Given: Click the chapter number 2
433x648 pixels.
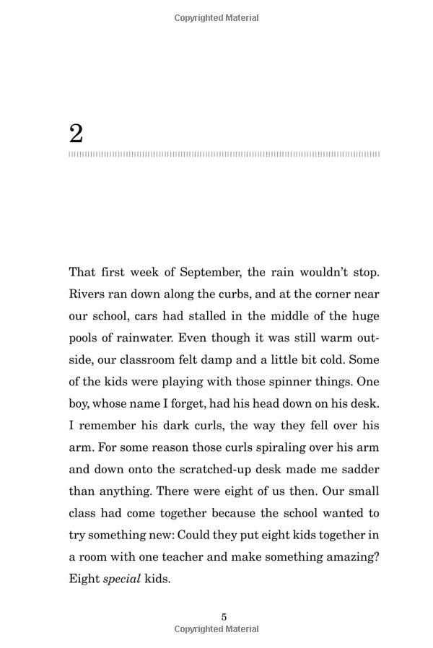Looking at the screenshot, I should (76, 133).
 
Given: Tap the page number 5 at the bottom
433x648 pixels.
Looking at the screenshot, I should (224, 616).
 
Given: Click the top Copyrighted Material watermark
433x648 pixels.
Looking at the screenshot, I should (216, 18).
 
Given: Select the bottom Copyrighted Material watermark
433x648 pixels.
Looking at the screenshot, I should (216, 629).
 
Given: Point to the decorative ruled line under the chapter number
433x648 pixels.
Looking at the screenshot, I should (224, 154).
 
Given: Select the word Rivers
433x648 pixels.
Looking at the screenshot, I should (87, 294).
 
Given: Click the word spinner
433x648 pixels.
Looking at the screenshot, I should (270, 382).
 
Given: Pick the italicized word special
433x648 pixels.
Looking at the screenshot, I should (121, 579).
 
